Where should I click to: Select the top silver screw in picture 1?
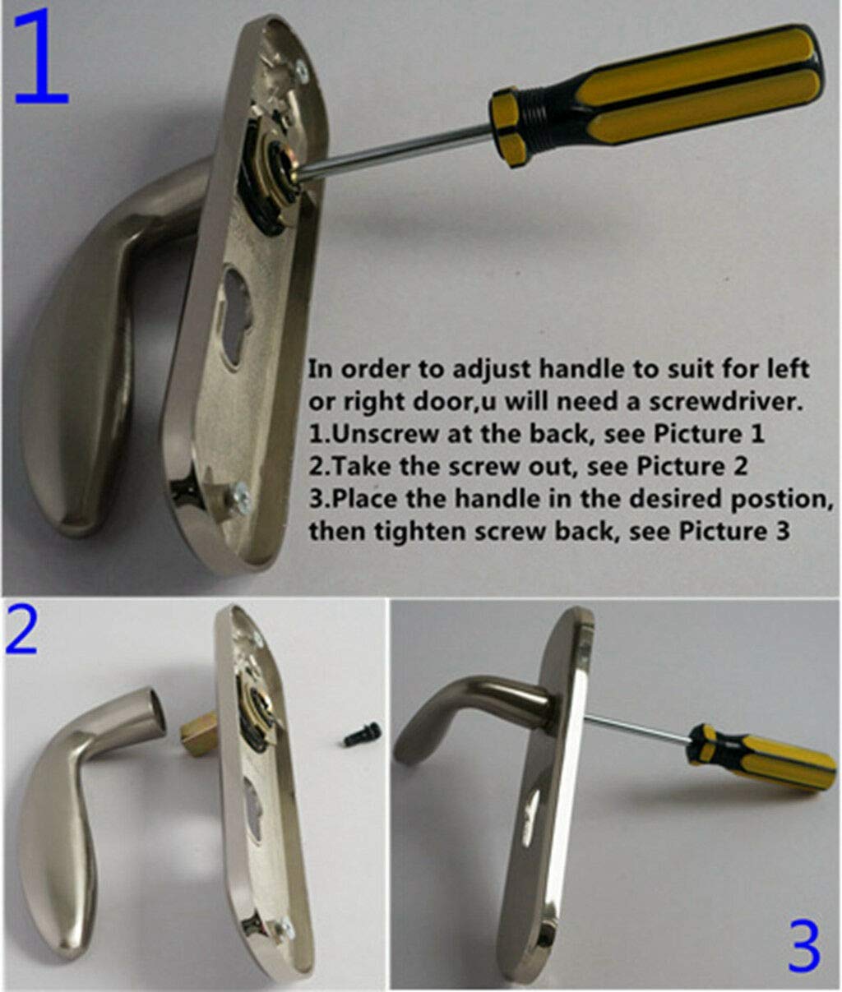302,70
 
